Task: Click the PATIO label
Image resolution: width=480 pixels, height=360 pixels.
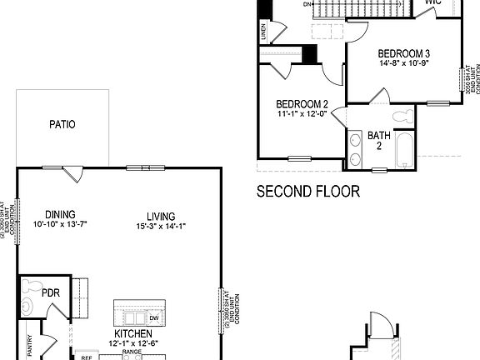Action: tap(62, 125)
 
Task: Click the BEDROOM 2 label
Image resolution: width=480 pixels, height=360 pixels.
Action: tap(302, 104)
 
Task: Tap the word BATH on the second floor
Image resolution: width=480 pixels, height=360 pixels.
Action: tap(379, 135)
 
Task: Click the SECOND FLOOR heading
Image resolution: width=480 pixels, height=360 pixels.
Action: tap(308, 192)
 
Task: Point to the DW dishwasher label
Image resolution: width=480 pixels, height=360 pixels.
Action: tap(154, 318)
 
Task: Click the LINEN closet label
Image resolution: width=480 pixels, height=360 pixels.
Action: tap(264, 33)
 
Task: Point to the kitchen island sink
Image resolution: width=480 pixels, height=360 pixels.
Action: tap(132, 318)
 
